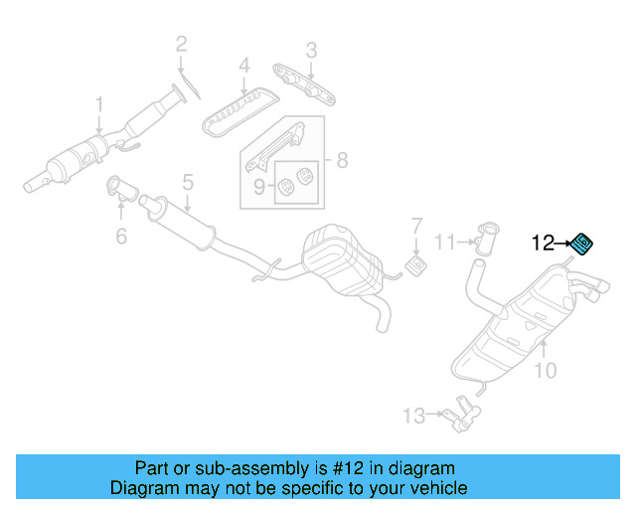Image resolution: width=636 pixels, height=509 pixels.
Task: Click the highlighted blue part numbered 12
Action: (x=582, y=245)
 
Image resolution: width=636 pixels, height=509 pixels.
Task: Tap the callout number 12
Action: (x=543, y=243)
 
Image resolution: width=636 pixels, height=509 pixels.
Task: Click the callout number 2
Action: (x=181, y=44)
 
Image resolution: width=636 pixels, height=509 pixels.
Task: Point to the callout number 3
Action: (x=311, y=51)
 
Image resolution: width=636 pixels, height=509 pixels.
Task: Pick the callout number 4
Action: (x=244, y=66)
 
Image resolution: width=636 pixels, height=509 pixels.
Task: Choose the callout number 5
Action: (x=188, y=182)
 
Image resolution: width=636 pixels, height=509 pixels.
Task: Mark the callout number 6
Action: (x=121, y=236)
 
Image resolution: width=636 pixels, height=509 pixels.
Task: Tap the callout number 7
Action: (x=417, y=226)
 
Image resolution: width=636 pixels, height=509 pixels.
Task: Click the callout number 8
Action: (x=342, y=160)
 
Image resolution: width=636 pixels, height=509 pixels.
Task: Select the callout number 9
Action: (x=259, y=187)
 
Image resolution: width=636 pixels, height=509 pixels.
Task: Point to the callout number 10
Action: (x=546, y=370)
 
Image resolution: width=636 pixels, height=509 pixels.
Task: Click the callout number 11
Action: (x=445, y=243)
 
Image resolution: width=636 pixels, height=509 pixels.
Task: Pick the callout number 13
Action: (x=413, y=416)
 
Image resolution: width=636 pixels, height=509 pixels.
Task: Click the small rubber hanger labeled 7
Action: (x=415, y=265)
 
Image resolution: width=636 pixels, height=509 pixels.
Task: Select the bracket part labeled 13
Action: (x=461, y=415)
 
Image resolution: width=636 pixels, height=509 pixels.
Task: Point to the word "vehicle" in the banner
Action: (x=441, y=488)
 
